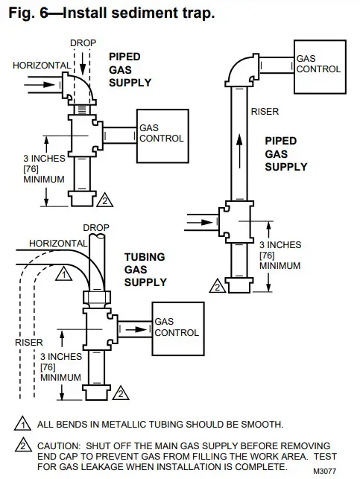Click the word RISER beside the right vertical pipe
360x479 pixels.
click(x=265, y=112)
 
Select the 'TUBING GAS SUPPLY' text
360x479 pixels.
click(x=146, y=269)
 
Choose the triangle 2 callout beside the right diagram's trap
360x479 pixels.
click(x=218, y=285)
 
